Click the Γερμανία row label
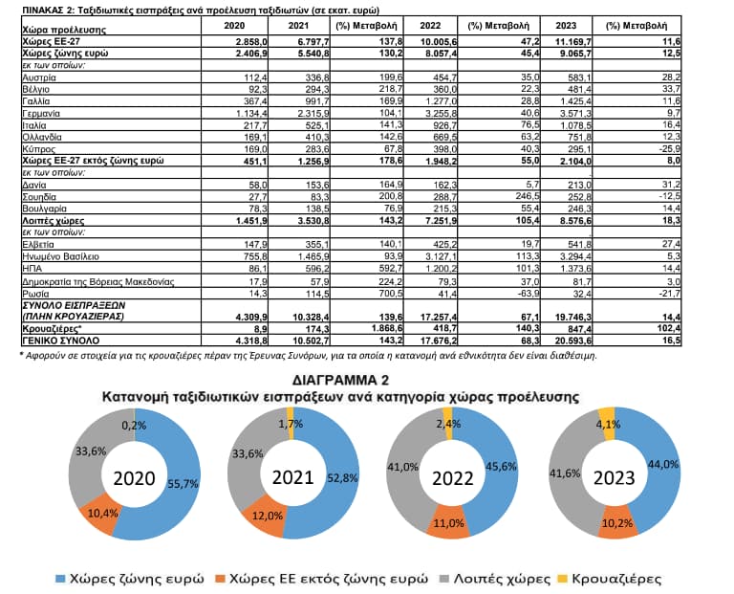pos(41,114)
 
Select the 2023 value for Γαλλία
pos(573,101)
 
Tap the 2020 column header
pos(234,26)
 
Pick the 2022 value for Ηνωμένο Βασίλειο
pos(439,256)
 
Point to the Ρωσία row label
pos(35,294)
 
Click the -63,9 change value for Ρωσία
pos(528,294)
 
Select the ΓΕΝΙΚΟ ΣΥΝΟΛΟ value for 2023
pos(573,341)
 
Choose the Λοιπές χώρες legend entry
pos(495,579)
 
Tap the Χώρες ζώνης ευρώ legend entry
pos(130,579)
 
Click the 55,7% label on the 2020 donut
pos(183,483)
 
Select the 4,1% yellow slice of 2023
pos(608,424)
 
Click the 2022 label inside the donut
pos(453,478)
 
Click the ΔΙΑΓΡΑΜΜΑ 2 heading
pos(340,380)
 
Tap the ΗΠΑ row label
pos(32,269)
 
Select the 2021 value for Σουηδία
pos(319,197)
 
